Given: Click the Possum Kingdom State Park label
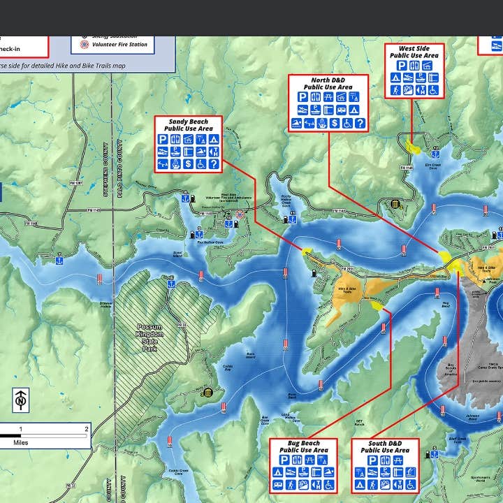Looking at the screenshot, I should tap(150, 337).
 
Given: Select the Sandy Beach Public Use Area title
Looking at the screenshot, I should tap(188, 125).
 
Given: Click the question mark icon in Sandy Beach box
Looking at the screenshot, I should tap(214, 164).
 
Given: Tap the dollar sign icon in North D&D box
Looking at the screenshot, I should tap(335, 123).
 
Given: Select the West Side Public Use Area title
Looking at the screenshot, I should tap(414, 52).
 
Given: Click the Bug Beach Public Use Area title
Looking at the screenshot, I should tap(303, 446).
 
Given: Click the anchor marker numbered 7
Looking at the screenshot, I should tap(60, 261).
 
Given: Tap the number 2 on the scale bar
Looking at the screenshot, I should tap(87, 428).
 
